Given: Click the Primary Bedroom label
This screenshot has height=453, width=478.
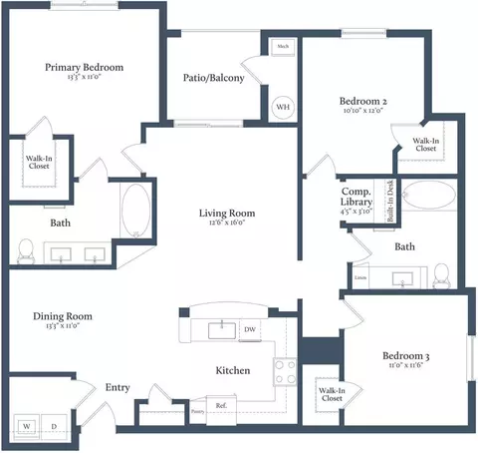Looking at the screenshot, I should tap(84, 68).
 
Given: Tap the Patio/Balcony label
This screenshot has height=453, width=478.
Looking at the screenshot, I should tap(213, 79).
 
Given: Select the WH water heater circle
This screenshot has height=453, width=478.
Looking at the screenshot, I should tap(282, 107).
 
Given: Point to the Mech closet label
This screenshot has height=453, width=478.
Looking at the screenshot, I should tap(283, 47).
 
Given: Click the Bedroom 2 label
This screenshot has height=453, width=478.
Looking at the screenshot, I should tap(362, 101).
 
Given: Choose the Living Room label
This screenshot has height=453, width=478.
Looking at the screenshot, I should tap(226, 213).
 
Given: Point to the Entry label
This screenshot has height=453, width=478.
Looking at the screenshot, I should tap(118, 388).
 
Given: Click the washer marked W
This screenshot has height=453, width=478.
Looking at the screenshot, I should tap(27, 425).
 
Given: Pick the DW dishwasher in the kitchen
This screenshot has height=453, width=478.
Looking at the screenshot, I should tap(250, 328).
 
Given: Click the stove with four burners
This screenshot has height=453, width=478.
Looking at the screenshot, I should tap(284, 372).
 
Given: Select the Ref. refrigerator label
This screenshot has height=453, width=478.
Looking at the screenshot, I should tap(221, 404).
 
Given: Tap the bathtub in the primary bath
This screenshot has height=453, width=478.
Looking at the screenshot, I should tap(134, 212).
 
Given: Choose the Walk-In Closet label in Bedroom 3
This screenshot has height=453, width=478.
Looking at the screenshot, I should tap(332, 395).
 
